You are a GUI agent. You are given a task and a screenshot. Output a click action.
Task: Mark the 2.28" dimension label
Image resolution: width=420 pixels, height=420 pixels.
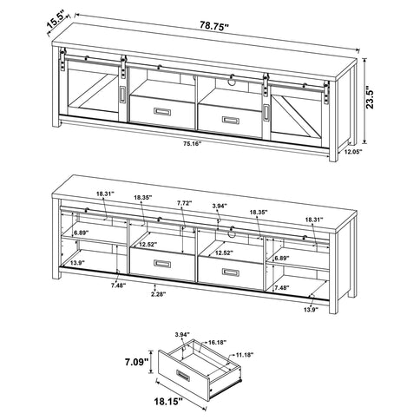[156, 293]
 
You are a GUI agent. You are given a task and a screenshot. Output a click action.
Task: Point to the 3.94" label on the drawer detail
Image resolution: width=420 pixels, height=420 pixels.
[181, 334]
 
